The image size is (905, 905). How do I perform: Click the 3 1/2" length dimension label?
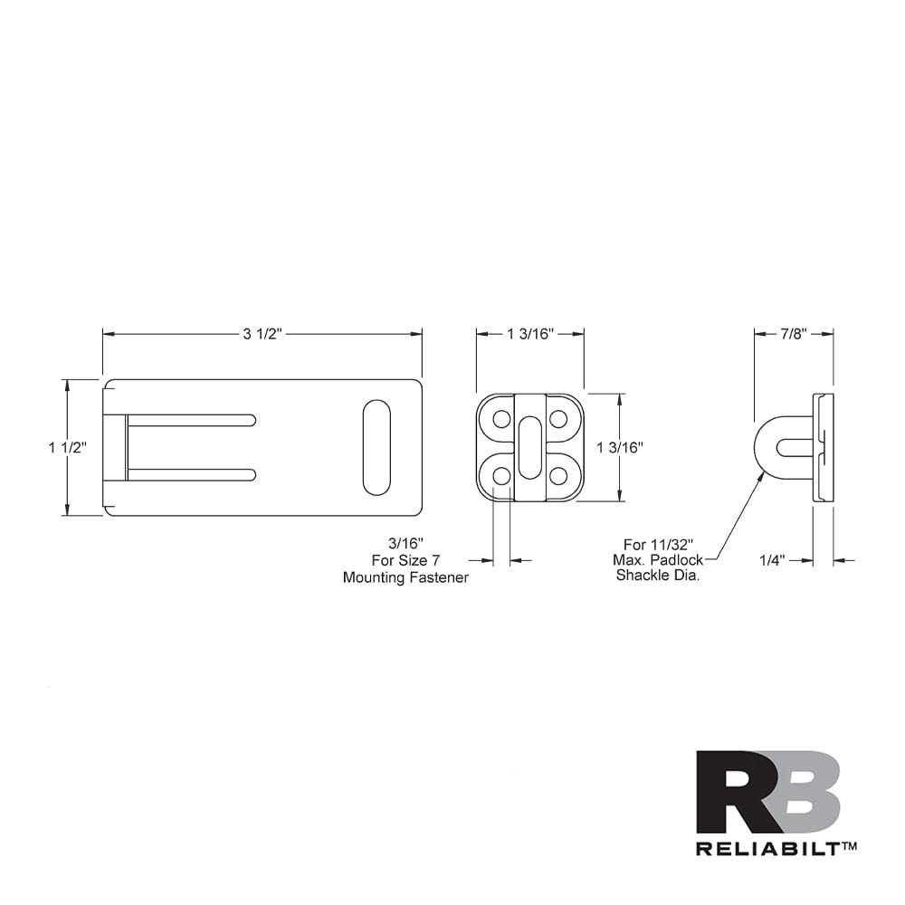click(x=262, y=334)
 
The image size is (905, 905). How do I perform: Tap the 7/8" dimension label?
click(x=794, y=334)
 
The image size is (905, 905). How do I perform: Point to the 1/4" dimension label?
click(x=772, y=560)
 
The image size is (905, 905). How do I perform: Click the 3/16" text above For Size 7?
click(x=406, y=544)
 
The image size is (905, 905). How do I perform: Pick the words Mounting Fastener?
click(x=405, y=577)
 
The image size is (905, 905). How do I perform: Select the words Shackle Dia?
click(x=658, y=576)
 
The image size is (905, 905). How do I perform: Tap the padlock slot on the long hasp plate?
click(x=376, y=447)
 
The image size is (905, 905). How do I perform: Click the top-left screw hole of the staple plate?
click(x=500, y=419)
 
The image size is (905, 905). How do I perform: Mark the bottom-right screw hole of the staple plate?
click(x=558, y=476)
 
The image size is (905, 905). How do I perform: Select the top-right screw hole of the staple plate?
click(x=558, y=419)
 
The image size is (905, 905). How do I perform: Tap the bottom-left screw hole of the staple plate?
click(x=500, y=476)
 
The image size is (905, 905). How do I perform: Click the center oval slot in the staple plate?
click(x=529, y=447)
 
